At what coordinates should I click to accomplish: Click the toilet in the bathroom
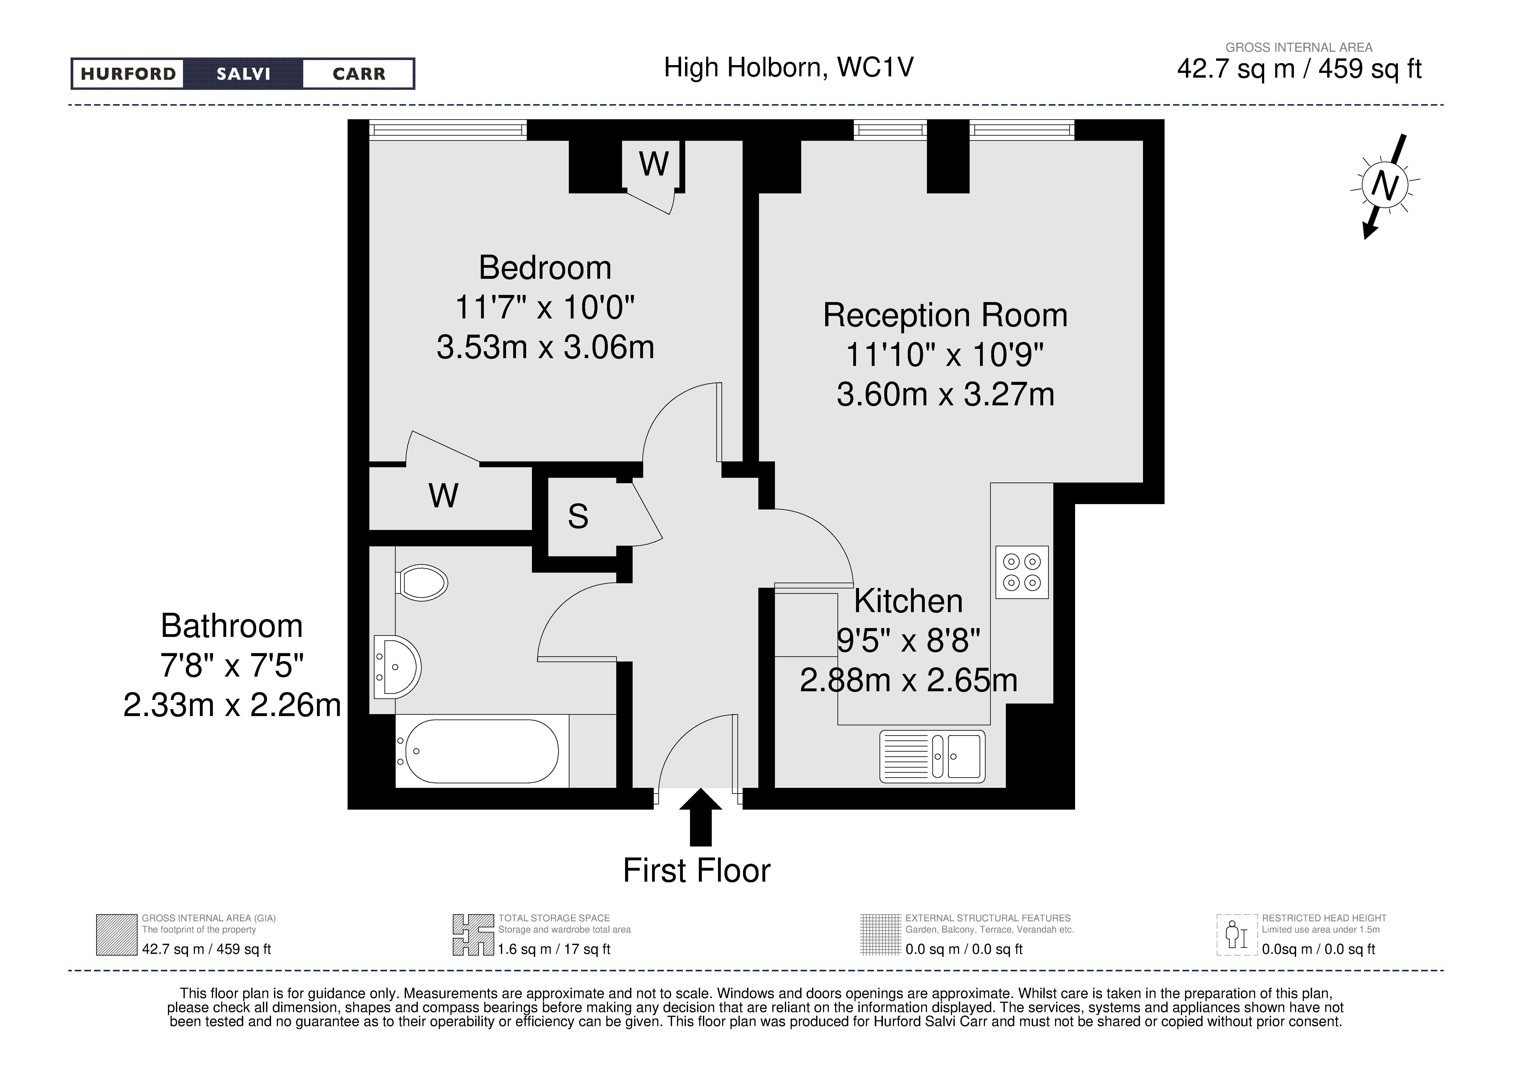(422, 583)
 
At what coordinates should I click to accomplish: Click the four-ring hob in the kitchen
(1021, 572)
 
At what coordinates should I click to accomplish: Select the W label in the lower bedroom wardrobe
(444, 496)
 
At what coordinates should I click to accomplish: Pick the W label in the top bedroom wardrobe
(654, 163)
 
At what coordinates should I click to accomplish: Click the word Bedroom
(545, 268)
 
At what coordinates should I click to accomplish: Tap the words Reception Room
(945, 315)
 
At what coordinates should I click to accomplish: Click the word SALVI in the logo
(243, 74)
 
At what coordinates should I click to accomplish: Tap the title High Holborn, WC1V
(789, 67)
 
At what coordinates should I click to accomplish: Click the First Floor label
(696, 871)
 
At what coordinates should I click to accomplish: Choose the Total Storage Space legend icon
(473, 934)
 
